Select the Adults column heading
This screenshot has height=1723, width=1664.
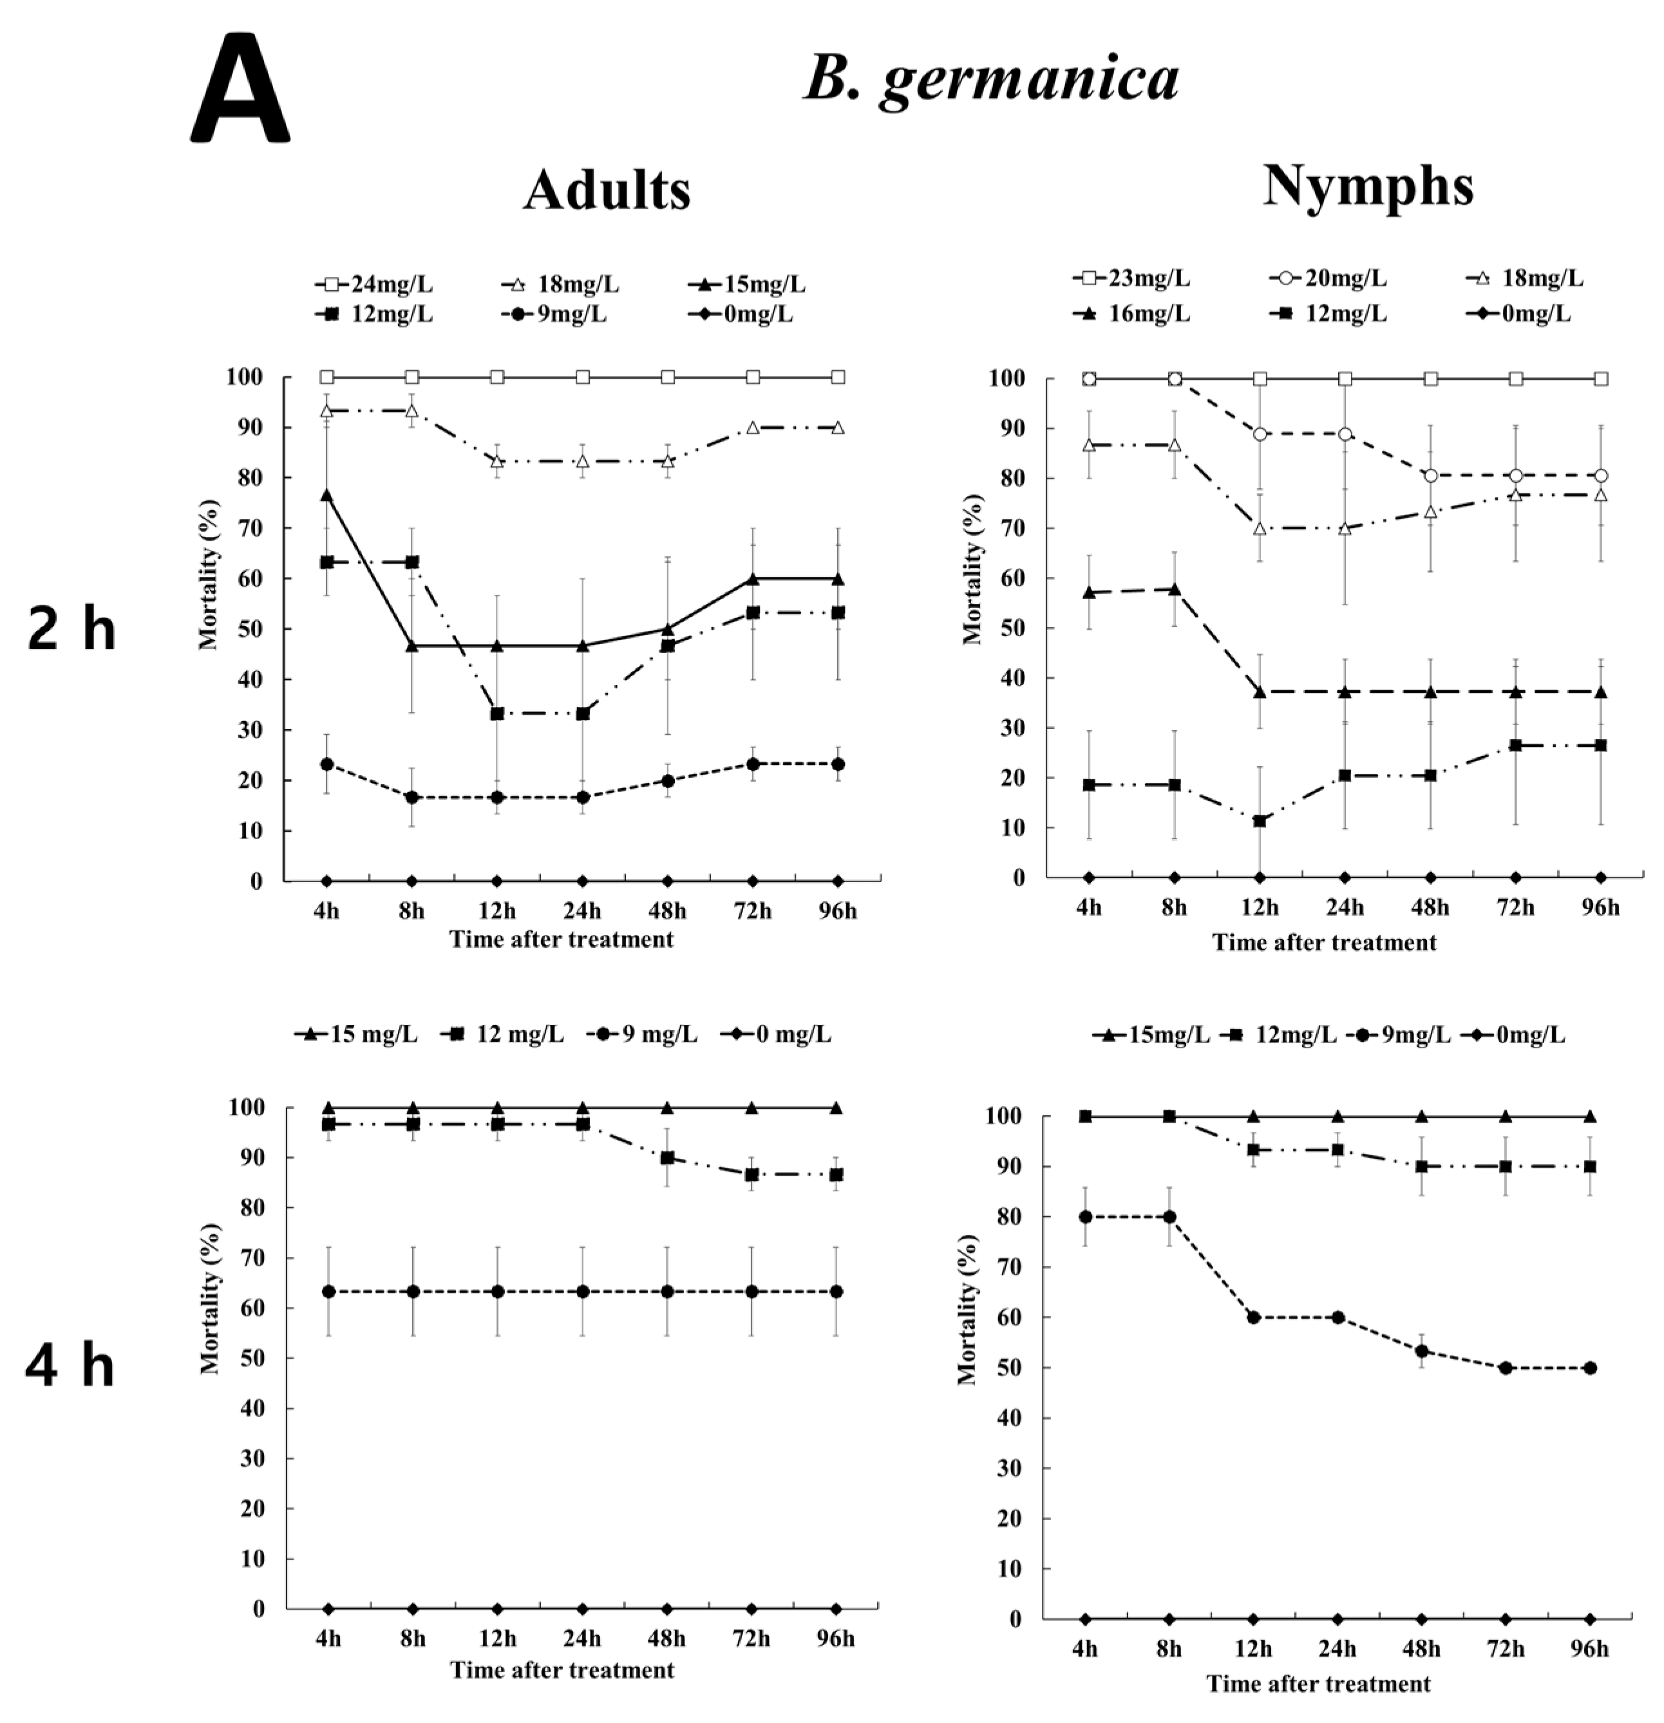[607, 190]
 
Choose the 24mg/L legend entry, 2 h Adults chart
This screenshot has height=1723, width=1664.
[375, 285]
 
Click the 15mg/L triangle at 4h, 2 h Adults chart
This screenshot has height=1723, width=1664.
[327, 495]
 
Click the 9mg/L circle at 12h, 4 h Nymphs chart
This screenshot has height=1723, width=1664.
[1254, 1317]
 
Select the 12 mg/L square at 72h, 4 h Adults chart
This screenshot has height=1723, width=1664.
[752, 1174]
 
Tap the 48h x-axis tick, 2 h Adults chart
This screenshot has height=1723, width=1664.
[668, 910]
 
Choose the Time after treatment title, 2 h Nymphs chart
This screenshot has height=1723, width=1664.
[1324, 943]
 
